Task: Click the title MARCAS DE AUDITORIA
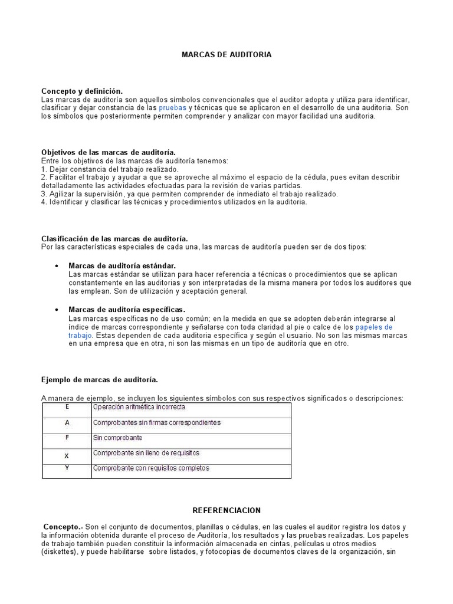coord(226,54)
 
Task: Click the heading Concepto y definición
coord(82,91)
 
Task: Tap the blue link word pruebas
coord(172,108)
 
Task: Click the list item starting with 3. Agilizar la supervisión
coord(189,193)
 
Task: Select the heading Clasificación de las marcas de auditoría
coord(114,238)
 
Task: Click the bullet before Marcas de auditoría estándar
coord(56,266)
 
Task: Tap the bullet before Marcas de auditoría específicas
coord(56,310)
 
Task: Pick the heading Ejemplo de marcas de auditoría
coord(99,379)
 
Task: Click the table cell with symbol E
coord(67,407)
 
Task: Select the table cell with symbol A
coord(67,423)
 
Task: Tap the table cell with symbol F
coord(67,438)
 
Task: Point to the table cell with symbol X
coord(67,455)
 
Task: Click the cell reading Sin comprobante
coord(117,438)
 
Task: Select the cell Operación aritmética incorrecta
coord(139,407)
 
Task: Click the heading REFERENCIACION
coord(226,510)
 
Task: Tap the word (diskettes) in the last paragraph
coord(59,553)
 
